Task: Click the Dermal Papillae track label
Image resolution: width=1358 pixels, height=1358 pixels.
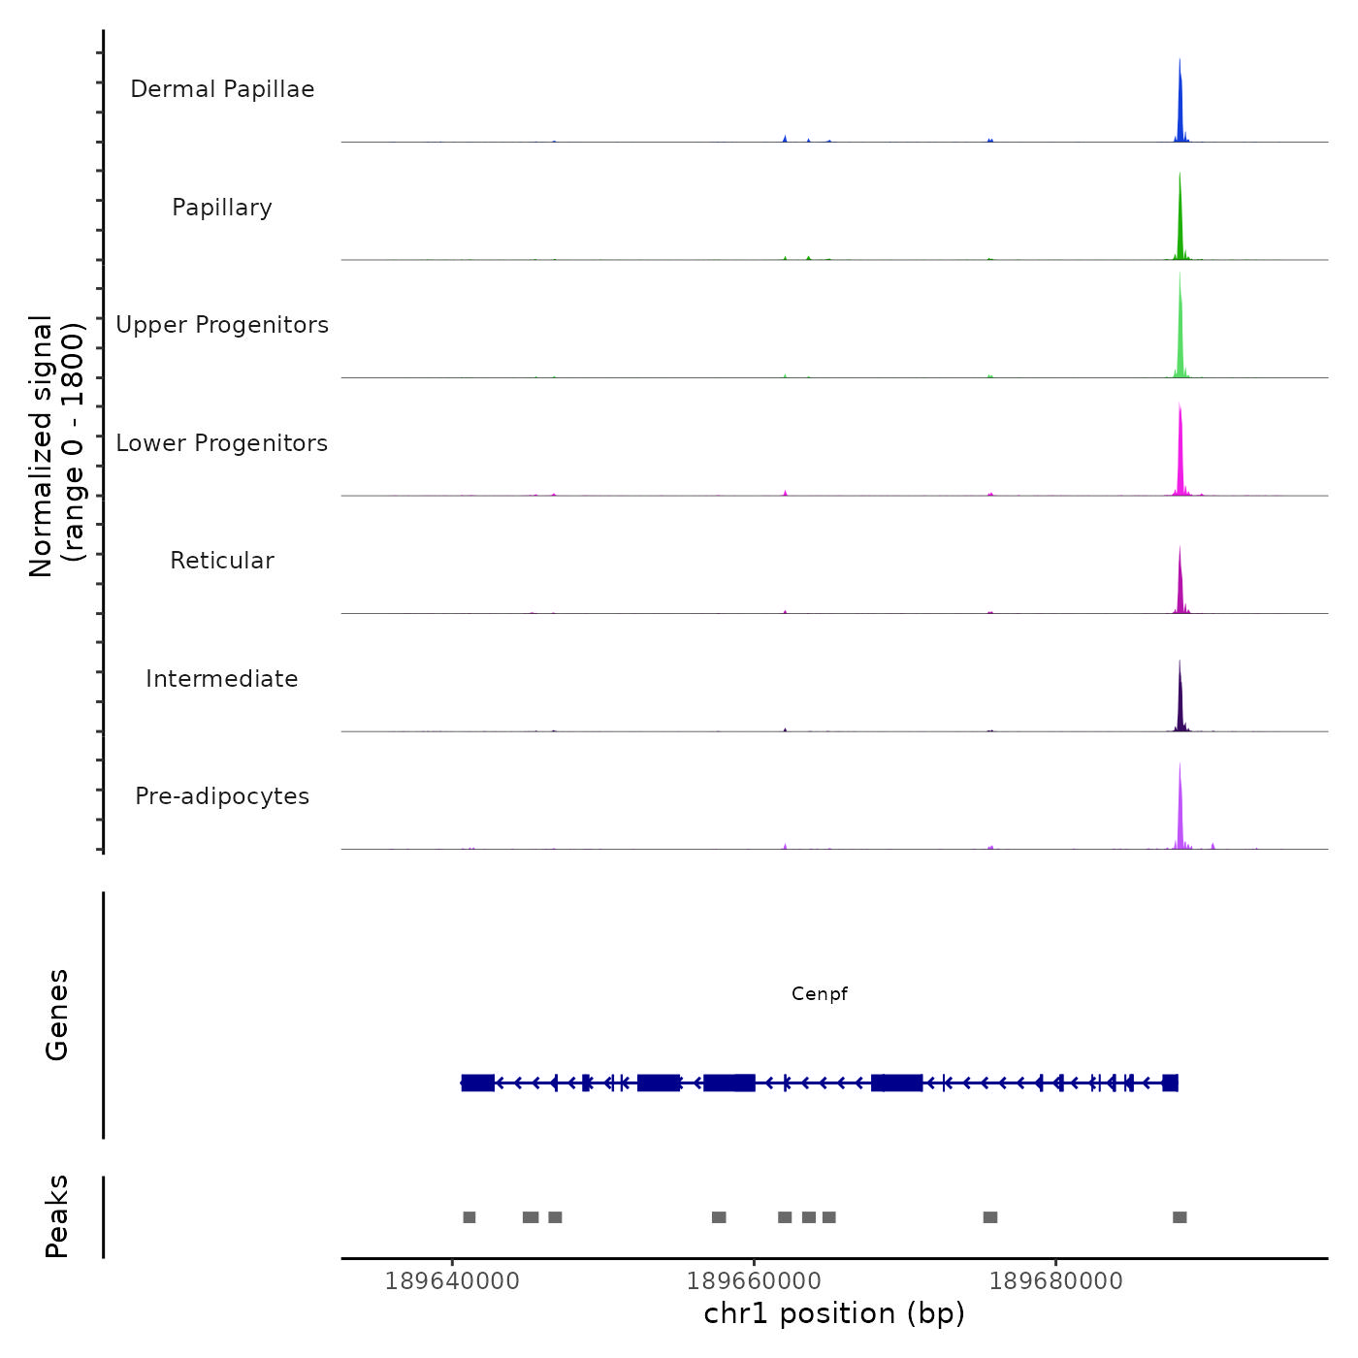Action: [222, 89]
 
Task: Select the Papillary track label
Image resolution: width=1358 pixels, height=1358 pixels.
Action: [222, 208]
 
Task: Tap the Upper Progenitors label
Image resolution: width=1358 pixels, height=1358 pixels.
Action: [222, 325]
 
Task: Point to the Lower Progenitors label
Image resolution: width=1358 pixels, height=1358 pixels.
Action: [222, 443]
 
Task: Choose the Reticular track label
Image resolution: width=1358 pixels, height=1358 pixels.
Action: [222, 561]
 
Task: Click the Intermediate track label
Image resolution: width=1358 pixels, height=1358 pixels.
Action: [222, 679]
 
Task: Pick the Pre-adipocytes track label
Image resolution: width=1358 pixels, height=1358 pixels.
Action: [222, 796]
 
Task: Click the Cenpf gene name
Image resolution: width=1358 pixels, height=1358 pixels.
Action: [820, 994]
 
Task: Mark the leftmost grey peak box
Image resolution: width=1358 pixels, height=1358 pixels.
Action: [469, 1217]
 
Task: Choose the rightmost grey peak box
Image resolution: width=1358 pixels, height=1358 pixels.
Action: [1180, 1217]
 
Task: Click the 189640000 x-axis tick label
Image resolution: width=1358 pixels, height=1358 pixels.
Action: [452, 1281]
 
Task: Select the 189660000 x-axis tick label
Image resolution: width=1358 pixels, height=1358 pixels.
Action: [754, 1281]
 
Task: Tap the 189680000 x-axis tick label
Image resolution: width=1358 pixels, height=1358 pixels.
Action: [1055, 1281]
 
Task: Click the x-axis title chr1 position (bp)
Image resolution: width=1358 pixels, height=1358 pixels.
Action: [834, 1314]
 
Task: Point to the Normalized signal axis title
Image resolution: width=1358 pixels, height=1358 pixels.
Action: [56, 445]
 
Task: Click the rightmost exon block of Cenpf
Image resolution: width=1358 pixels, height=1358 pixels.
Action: [1170, 1083]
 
